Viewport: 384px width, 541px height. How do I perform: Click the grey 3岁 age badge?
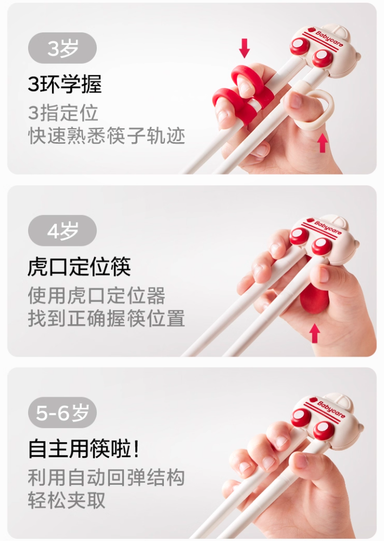coord(62,48)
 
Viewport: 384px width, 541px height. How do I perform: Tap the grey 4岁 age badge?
coord(62,230)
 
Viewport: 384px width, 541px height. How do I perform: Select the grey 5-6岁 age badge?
coord(62,413)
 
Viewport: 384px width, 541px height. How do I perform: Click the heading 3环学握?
coord(65,84)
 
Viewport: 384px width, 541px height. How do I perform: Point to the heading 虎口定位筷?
coord(80,266)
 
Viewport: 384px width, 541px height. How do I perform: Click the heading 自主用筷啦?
coord(84,449)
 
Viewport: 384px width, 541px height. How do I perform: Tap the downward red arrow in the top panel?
coord(244,48)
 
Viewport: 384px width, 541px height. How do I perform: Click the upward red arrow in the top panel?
coord(322,143)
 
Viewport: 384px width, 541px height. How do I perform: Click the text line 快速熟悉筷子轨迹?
coord(107,136)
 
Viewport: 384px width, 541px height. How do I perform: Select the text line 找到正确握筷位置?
coord(107,318)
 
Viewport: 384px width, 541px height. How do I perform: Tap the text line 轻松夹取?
coord(67,500)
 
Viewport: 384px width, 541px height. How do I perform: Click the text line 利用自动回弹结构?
coord(107,478)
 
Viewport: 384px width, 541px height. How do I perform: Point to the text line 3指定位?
coord(63,113)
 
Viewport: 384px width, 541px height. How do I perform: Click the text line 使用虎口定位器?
coord(97,295)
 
